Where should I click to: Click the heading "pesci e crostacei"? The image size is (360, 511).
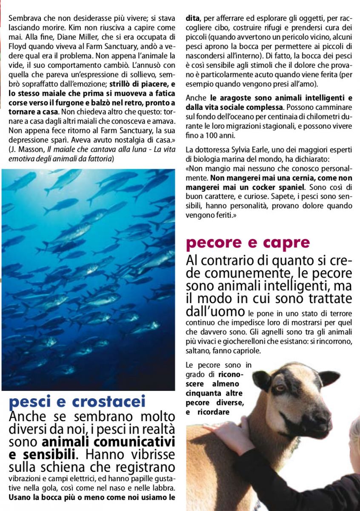point(77,402)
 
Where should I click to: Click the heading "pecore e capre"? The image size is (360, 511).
point(248,243)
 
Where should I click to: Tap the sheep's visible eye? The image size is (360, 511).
point(280,388)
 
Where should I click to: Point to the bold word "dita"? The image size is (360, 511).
point(193,19)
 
